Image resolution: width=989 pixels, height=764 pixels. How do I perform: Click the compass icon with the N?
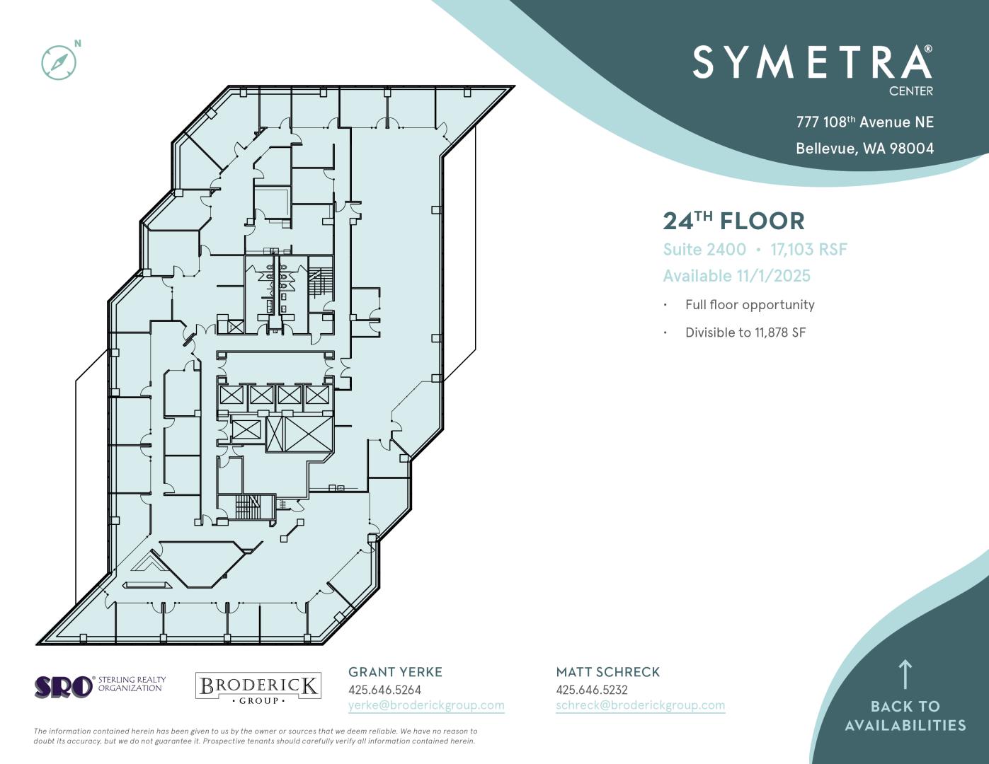pyautogui.click(x=59, y=62)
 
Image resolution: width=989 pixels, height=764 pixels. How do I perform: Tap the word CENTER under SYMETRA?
pyautogui.click(x=910, y=91)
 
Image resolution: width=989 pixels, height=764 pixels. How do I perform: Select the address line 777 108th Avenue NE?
pyautogui.click(x=864, y=122)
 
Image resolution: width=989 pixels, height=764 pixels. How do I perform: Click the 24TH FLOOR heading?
pyautogui.click(x=733, y=221)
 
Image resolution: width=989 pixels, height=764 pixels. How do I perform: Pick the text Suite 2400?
pyautogui.click(x=704, y=249)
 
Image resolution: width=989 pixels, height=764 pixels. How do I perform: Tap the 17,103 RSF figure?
pyautogui.click(x=808, y=249)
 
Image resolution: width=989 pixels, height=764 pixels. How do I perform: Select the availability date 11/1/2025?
pyautogui.click(x=773, y=276)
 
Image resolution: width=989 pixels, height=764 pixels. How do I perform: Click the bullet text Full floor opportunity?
pyautogui.click(x=750, y=305)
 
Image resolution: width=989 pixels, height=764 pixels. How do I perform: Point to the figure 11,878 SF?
pyautogui.click(x=780, y=332)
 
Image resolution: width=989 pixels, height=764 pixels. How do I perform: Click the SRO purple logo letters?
pyautogui.click(x=64, y=687)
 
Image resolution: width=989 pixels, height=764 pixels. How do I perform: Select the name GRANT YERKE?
pyautogui.click(x=395, y=672)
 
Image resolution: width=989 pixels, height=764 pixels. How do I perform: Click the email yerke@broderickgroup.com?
pyautogui.click(x=426, y=705)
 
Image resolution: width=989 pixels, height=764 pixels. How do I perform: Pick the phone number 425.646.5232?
pyautogui.click(x=592, y=690)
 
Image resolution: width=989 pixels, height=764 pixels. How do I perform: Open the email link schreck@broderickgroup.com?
pyautogui.click(x=641, y=705)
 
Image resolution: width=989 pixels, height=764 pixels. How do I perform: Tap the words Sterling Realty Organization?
pyautogui.click(x=132, y=684)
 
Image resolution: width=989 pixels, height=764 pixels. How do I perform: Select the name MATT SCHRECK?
pyautogui.click(x=607, y=672)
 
